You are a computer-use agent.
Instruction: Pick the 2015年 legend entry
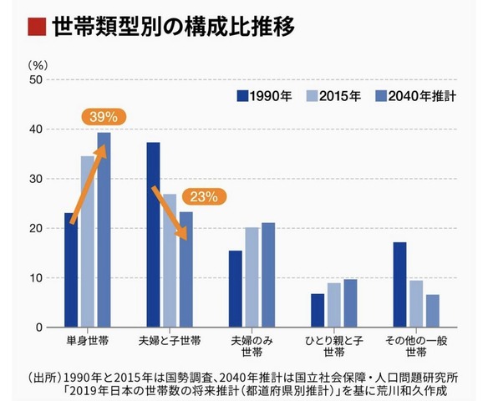coord(333,95)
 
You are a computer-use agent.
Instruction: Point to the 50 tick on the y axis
coord(34,79)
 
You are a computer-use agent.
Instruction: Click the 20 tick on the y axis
coord(34,228)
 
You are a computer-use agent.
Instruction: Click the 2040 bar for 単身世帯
coord(104,230)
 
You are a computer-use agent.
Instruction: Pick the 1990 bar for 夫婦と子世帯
coord(153,235)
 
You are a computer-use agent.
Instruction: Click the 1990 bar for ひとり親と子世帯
coord(317,310)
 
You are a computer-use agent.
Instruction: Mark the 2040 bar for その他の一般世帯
coord(432,310)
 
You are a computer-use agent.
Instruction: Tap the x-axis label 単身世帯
coord(88,341)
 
